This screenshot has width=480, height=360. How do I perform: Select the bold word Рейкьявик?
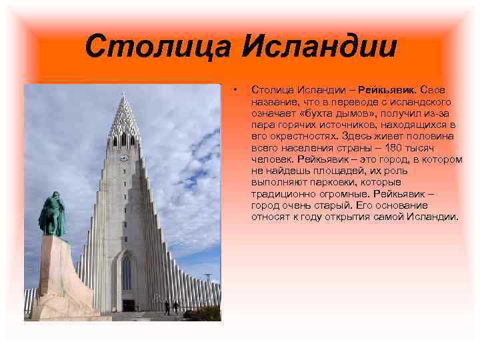(x=387, y=90)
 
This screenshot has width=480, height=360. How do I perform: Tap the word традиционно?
(x=282, y=194)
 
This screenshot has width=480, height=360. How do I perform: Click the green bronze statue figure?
(x=51, y=215)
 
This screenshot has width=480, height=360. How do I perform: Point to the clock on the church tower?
(x=124, y=158)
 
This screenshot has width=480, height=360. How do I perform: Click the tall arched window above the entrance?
(x=127, y=272)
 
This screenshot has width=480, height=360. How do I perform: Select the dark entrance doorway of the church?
(x=128, y=305)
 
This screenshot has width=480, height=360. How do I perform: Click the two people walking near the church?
(x=171, y=307)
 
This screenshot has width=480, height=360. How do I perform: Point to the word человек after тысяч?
(x=272, y=160)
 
